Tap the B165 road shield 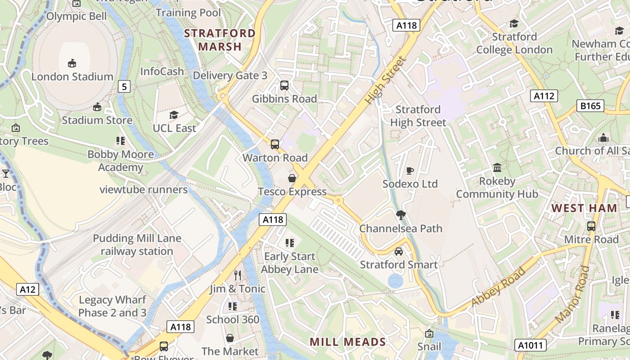tap(590, 106)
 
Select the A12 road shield tap(27, 289)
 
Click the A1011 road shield tap(531, 345)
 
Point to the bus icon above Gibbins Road tap(284, 85)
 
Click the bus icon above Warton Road tap(274, 144)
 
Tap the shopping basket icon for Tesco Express tap(292, 178)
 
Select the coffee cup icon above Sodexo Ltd tap(409, 171)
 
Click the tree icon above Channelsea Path tap(400, 215)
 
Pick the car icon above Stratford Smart tap(398, 251)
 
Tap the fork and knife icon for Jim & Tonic tap(238, 275)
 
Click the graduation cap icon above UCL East tap(174, 115)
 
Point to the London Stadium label tap(72, 76)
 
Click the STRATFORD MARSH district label tap(220, 40)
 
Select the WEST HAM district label tap(584, 208)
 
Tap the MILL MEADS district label tap(348, 342)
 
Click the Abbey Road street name tap(498, 287)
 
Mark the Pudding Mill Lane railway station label tap(137, 245)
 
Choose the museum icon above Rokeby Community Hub tap(497, 168)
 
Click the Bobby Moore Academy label tap(121, 161)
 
